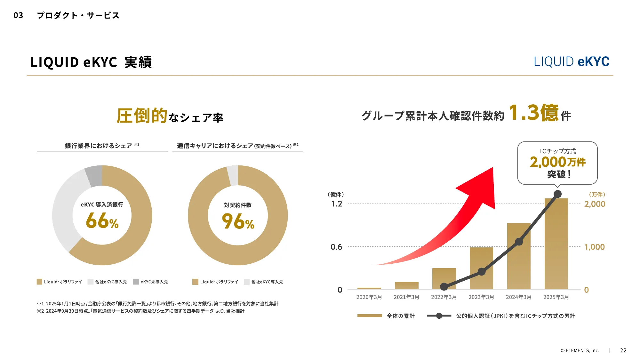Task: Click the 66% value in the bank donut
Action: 102,221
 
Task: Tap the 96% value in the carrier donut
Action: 238,221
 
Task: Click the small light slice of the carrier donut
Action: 233,175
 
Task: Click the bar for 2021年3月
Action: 406,285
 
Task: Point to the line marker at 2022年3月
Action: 444,286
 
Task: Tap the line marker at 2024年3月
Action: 519,242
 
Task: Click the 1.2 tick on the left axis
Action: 337,204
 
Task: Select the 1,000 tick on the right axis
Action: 595,247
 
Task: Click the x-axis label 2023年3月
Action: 481,297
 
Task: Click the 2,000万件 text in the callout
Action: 557,162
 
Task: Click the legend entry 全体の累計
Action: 400,316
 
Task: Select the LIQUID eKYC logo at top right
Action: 572,61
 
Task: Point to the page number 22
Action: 623,350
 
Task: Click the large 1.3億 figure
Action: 533,113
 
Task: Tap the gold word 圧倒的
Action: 142,116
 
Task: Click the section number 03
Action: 18,15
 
